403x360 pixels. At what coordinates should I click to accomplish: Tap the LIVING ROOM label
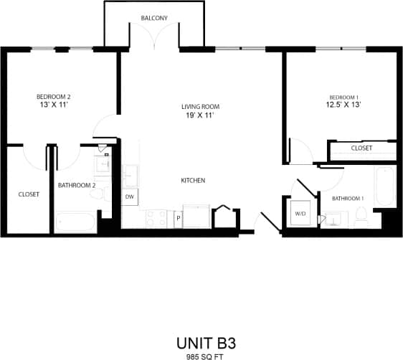click(x=200, y=107)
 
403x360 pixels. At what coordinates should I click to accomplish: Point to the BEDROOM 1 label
click(x=343, y=98)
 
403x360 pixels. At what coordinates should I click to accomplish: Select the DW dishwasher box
click(x=130, y=196)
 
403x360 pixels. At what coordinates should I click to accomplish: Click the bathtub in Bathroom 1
click(x=386, y=185)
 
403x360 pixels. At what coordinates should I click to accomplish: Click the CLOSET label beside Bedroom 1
click(x=361, y=148)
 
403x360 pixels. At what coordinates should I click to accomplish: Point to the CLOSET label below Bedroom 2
click(x=29, y=194)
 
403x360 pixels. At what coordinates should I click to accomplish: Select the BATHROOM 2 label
click(x=77, y=184)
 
